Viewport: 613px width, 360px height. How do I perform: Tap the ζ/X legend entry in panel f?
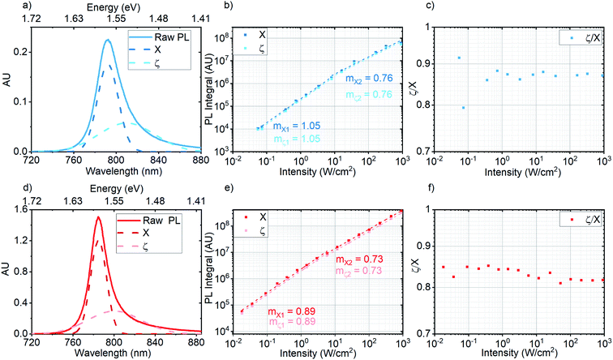pyautogui.click(x=582, y=220)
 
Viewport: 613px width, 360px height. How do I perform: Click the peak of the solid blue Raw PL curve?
pyautogui.click(x=107, y=40)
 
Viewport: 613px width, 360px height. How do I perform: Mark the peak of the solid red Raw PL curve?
pyautogui.click(x=98, y=217)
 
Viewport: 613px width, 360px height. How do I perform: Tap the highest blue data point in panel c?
pyautogui.click(x=459, y=58)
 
